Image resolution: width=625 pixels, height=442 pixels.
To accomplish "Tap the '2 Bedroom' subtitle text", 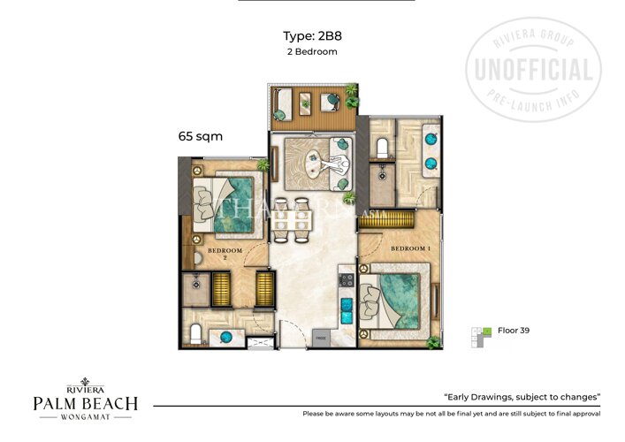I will (x=312, y=51).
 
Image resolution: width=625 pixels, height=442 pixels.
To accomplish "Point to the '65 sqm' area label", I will (x=200, y=137).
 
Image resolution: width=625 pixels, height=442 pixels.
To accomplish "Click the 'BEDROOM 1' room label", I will (x=410, y=248).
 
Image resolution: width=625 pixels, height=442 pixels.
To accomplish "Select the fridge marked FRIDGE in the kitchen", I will (x=321, y=337).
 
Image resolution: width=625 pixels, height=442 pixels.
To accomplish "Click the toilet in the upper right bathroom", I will (x=384, y=147).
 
